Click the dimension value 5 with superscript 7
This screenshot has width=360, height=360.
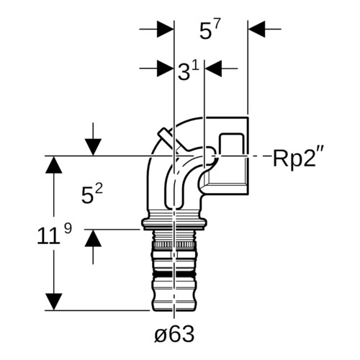tap(210, 30)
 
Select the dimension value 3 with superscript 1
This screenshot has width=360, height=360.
tap(189, 71)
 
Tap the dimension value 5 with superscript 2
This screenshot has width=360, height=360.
tap(92, 194)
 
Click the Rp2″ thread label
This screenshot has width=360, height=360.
tap(299, 158)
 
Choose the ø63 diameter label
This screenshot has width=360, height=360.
tap(174, 334)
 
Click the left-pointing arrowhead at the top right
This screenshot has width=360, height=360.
tap(256, 29)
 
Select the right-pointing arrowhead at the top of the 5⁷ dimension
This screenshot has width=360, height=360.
tap(166, 29)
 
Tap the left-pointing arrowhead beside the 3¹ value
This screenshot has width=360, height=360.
tap(213, 68)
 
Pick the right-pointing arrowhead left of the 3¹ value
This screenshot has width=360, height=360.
tap(166, 68)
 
